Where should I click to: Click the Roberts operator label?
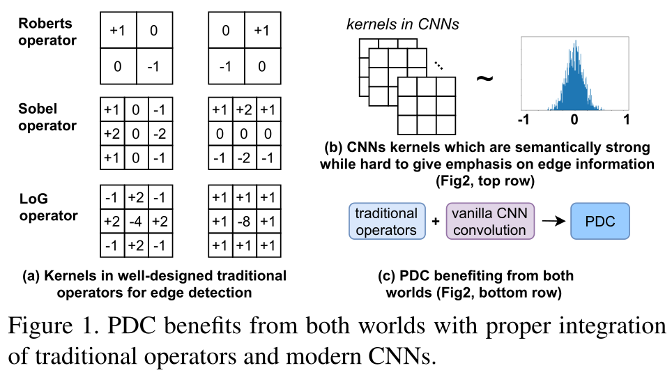pos(47,31)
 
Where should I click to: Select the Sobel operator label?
pos(47,117)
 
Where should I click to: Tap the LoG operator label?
pos(47,207)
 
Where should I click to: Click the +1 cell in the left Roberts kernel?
pos(117,30)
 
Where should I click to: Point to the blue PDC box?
pos(600,221)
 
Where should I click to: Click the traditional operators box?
pos(385,222)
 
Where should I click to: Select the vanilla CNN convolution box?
pos(489,222)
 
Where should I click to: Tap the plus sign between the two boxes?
pos(436,222)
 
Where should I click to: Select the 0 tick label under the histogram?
pos(574,119)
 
